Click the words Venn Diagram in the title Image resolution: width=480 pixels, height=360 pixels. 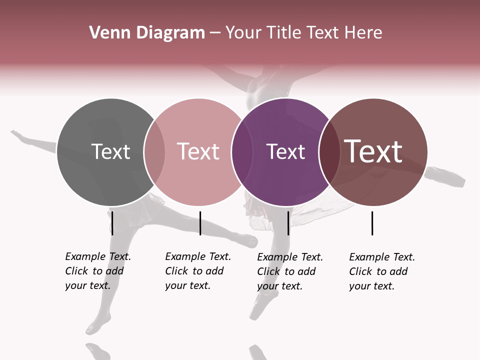[147, 33]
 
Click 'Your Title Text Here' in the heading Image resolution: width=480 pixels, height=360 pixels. [303, 33]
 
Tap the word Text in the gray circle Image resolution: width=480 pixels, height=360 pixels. [110, 151]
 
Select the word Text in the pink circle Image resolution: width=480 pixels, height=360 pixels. [198, 151]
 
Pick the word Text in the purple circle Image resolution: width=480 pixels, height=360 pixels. [285, 151]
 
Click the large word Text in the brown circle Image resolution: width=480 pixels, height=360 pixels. [373, 151]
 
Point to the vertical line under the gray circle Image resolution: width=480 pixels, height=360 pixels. [112, 223]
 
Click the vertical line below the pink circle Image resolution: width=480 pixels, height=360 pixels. [200, 223]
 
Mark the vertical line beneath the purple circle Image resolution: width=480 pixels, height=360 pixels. [288, 223]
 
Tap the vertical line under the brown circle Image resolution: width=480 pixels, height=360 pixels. [372, 223]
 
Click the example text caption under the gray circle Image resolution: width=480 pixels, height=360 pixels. [98, 271]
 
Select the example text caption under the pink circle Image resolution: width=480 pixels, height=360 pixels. [198, 271]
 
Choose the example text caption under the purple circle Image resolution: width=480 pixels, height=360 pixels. [290, 271]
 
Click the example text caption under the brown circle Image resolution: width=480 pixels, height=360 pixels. [382, 271]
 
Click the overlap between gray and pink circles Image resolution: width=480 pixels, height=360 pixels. [154, 152]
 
